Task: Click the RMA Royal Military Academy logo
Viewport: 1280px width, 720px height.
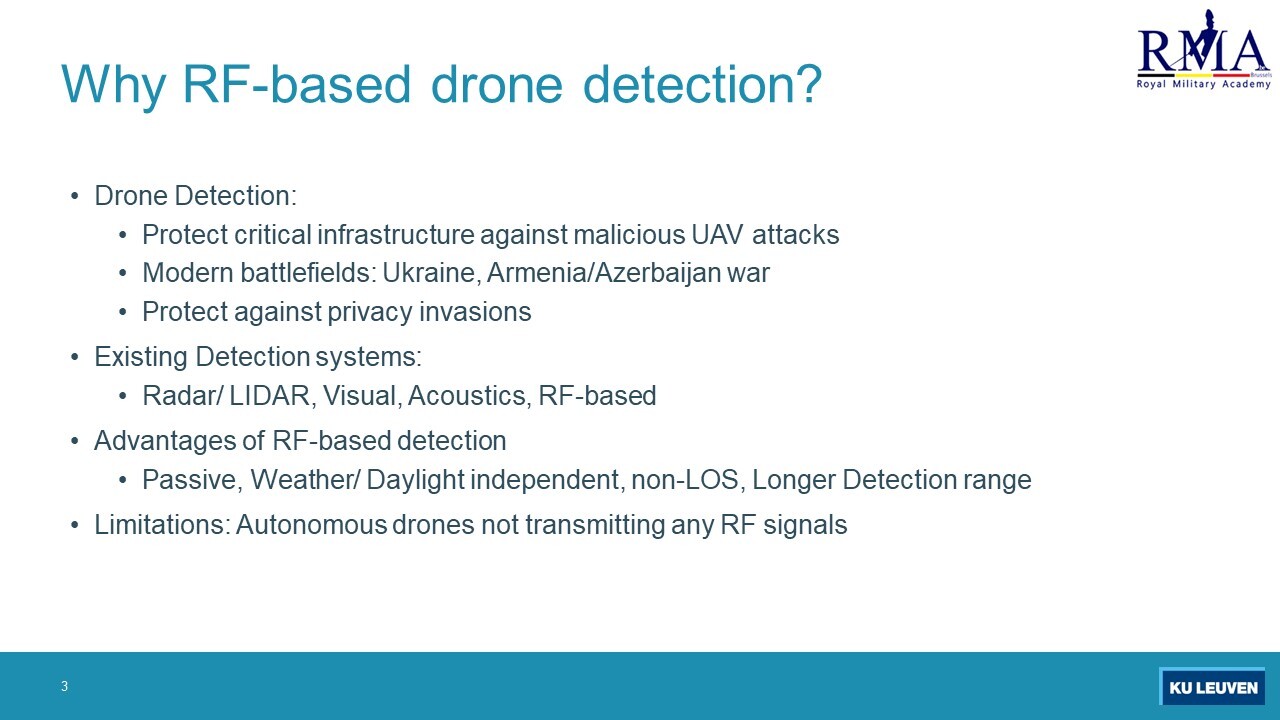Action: click(1204, 49)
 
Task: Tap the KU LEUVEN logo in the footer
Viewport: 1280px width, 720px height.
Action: click(1212, 686)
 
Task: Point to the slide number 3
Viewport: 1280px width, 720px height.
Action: click(65, 686)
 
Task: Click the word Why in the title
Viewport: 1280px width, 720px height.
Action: click(114, 85)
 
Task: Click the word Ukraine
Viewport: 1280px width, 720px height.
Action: click(431, 273)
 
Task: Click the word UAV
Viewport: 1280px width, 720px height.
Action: click(717, 234)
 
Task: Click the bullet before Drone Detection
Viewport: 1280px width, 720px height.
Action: click(75, 196)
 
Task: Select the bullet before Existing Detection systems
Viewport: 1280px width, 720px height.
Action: click(75, 357)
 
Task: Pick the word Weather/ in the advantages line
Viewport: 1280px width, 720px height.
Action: click(306, 479)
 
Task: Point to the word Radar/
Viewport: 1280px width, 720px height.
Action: click(182, 395)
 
